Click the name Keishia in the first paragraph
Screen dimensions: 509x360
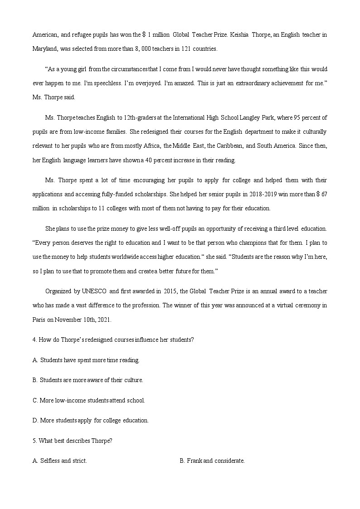point(244,34)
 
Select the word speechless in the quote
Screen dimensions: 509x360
point(112,83)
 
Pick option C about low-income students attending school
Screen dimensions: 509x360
point(89,400)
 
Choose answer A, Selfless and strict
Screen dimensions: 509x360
point(60,461)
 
